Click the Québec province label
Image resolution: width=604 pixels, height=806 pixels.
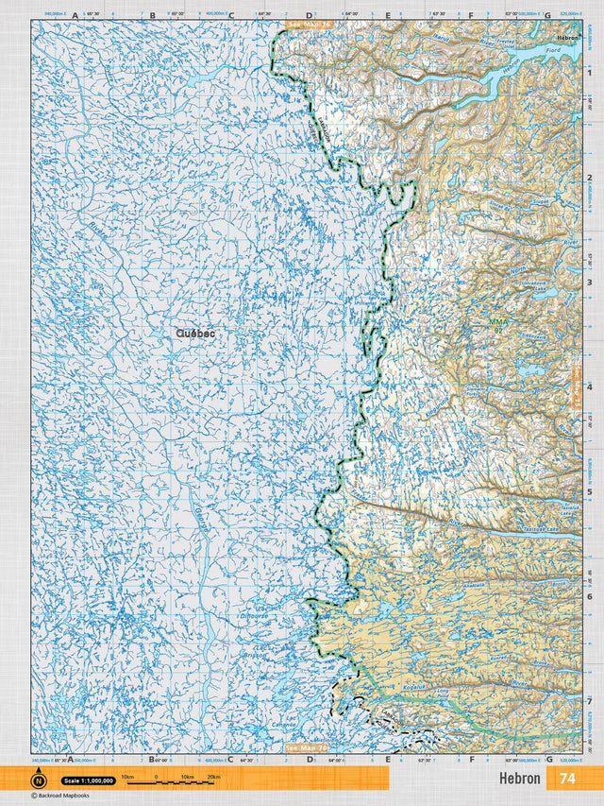tap(194, 333)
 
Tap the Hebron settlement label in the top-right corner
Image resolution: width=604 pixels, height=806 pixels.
tap(567, 37)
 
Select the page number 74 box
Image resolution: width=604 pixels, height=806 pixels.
tap(567, 779)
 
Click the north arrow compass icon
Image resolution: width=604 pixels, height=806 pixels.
tap(39, 780)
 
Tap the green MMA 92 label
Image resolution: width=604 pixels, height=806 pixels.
tap(497, 326)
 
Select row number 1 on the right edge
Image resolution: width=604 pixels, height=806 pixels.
tap(589, 72)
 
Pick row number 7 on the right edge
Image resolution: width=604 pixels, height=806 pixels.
tap(589, 701)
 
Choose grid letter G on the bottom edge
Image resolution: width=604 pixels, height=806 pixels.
tap(548, 758)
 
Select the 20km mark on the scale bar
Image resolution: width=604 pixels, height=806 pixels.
tap(214, 777)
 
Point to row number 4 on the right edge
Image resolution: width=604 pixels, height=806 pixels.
tap(589, 386)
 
